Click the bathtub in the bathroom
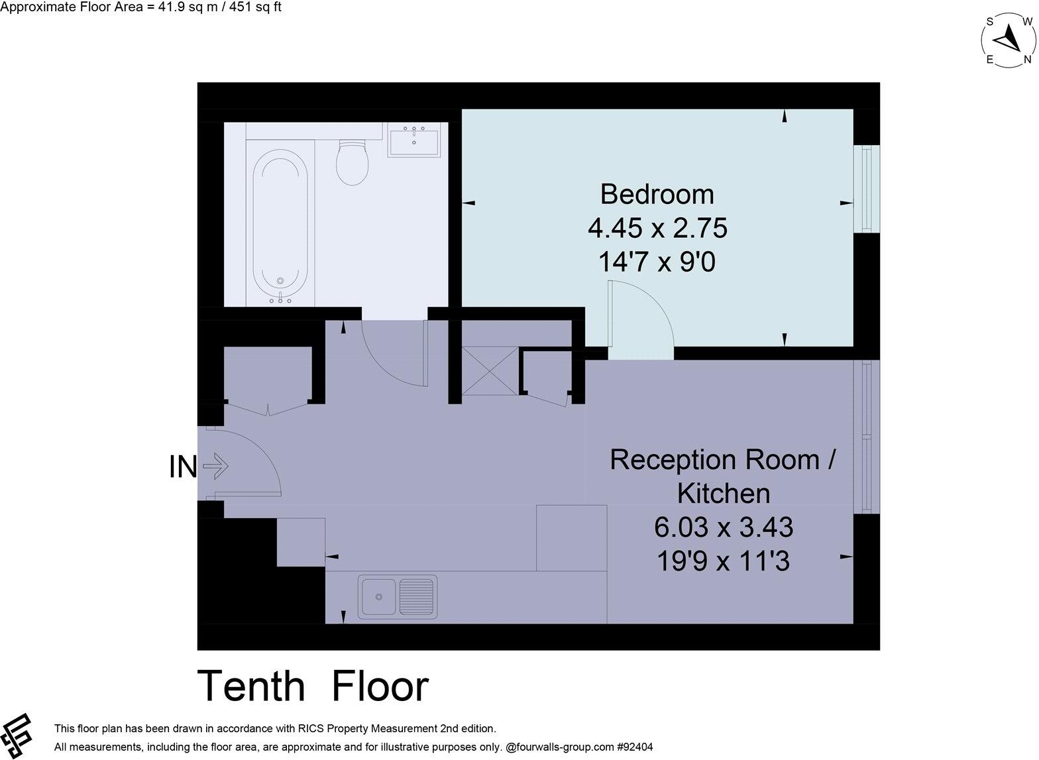coord(280,225)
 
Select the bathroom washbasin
coord(414,142)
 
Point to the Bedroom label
coord(657,194)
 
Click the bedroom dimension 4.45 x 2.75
coord(657,229)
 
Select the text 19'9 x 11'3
coord(723,562)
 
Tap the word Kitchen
coord(723,494)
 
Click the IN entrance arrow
coord(215,467)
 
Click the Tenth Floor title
coord(313,686)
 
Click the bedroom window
coord(867,188)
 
